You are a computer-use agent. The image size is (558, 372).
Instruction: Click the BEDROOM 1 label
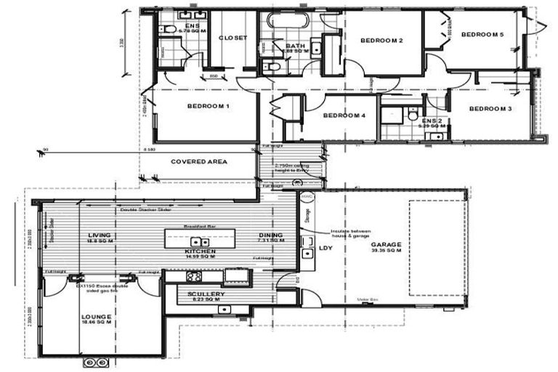click(209, 107)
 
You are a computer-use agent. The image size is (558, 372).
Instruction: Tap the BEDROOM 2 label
click(381, 41)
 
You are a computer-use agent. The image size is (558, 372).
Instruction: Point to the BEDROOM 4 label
click(344, 116)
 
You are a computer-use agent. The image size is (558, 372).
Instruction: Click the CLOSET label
click(233, 38)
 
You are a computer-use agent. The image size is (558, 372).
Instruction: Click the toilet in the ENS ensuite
click(168, 29)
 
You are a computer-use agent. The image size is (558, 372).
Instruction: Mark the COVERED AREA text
click(198, 161)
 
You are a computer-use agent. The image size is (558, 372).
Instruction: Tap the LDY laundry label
click(325, 248)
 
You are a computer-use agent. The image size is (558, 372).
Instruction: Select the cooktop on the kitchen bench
click(195, 276)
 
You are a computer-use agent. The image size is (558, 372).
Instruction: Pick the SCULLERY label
click(206, 294)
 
